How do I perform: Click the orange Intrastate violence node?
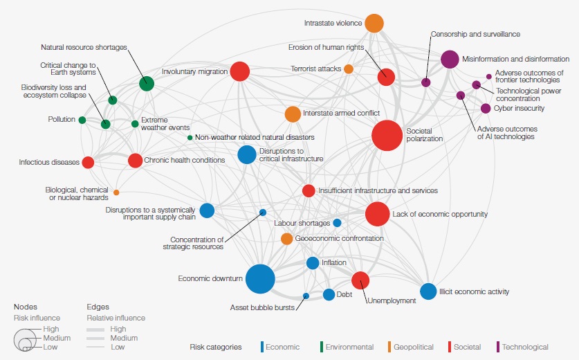click(x=374, y=24)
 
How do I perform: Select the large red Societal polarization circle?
click(x=387, y=135)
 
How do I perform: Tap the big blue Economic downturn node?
click(x=260, y=279)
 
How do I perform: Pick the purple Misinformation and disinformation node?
click(x=450, y=59)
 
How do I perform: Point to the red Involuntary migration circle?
click(x=240, y=71)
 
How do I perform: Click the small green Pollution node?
click(x=82, y=120)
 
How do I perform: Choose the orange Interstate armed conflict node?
click(x=293, y=114)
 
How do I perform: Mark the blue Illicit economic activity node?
click(x=428, y=291)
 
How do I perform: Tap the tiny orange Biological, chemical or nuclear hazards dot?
click(x=116, y=192)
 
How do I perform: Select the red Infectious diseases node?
click(x=88, y=162)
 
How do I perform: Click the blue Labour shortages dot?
click(x=337, y=223)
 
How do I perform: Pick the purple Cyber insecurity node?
click(x=486, y=108)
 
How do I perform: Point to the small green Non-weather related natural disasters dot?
click(x=190, y=138)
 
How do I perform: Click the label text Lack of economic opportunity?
click(x=440, y=214)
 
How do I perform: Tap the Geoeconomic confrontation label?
click(x=340, y=238)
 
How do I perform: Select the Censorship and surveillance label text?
click(x=476, y=34)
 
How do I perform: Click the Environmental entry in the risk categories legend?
click(x=347, y=347)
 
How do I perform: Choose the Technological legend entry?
click(x=523, y=347)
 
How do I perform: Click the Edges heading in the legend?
click(x=98, y=307)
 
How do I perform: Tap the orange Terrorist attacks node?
click(x=349, y=69)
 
